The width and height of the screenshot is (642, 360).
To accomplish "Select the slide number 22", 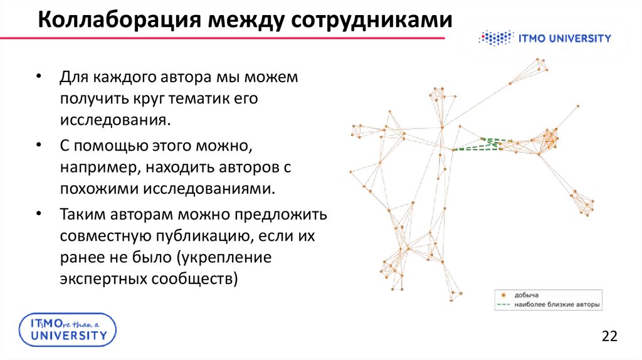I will [609, 336].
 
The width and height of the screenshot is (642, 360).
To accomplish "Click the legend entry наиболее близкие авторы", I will [557, 305].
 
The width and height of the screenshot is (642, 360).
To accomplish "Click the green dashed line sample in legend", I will [502, 305].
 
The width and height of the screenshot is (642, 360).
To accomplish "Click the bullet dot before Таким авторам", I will [39, 214].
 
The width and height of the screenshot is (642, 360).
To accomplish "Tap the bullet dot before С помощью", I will [39, 145].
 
